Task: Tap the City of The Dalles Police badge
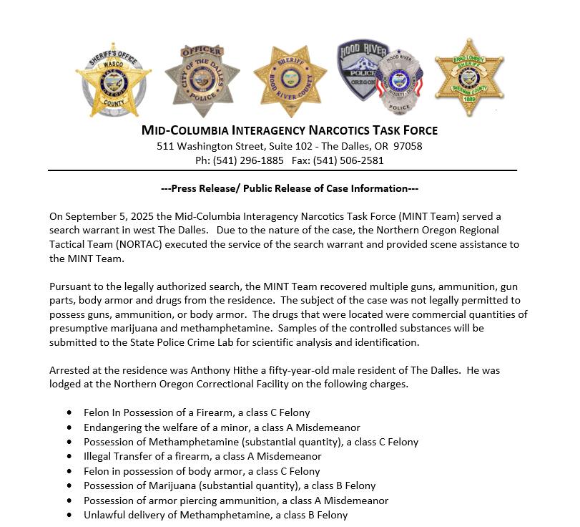tap(202, 80)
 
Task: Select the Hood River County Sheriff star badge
tap(290, 81)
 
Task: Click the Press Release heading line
tap(290, 188)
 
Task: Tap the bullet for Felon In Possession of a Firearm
tap(69, 413)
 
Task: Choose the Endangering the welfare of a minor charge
tap(222, 427)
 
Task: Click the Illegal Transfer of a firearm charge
tap(202, 456)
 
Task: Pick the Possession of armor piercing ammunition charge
tap(236, 501)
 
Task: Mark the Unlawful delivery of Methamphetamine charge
tap(215, 515)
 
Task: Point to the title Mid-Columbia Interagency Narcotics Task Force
tap(290, 130)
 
